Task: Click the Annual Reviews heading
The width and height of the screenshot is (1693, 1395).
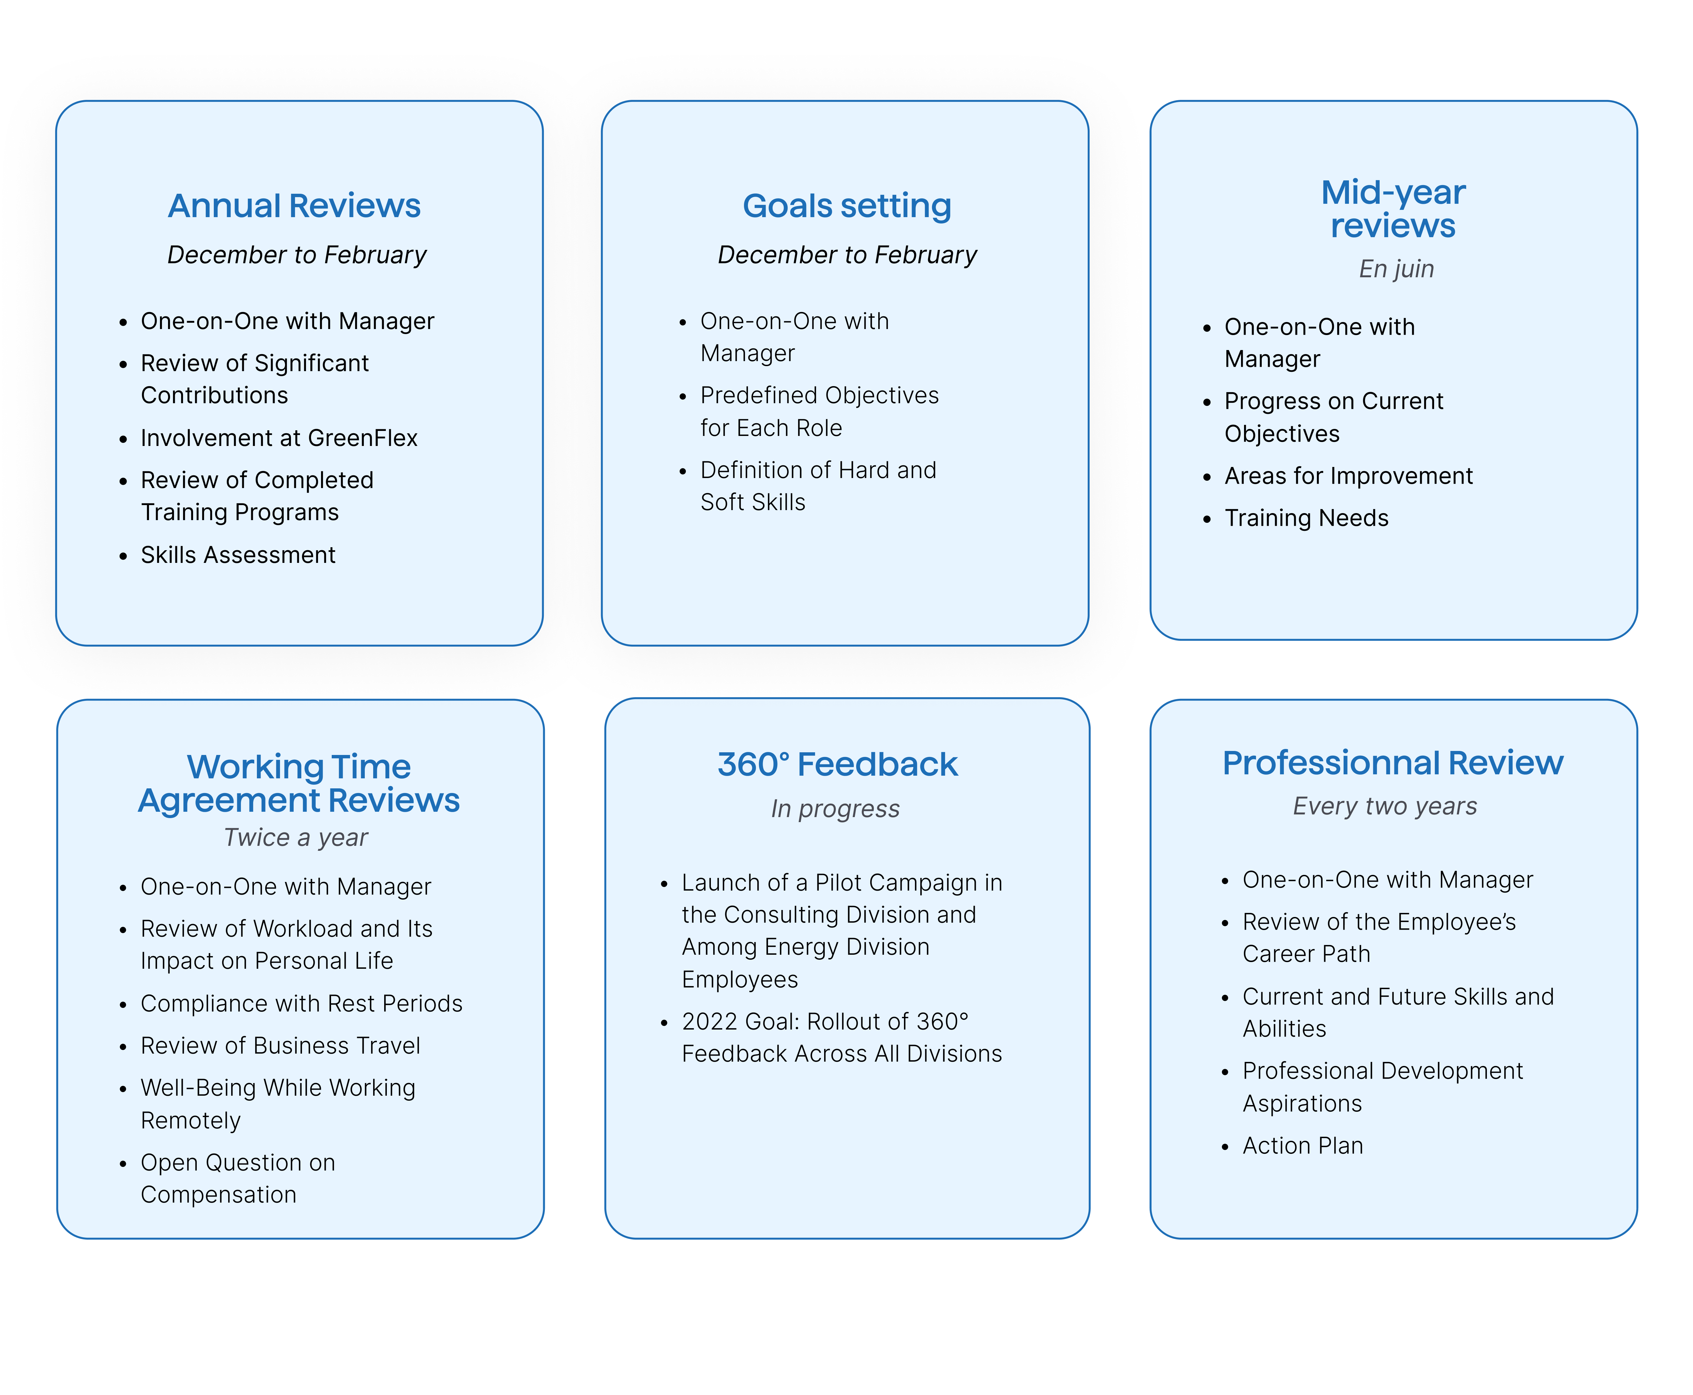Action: [x=294, y=206]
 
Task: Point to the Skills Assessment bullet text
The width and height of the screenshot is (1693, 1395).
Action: [x=238, y=555]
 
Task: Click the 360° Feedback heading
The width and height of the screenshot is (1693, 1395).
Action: [x=837, y=764]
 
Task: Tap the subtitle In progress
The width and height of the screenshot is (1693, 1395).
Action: [x=835, y=808]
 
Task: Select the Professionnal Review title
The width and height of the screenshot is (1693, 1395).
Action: [x=1392, y=763]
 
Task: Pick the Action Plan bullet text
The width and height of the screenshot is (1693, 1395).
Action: [x=1302, y=1146]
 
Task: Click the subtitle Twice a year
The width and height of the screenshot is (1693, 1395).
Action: [x=296, y=837]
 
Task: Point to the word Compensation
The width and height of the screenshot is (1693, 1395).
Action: [x=218, y=1195]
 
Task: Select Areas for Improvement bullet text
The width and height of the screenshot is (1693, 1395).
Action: [x=1348, y=476]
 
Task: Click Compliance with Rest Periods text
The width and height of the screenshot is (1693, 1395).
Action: [x=301, y=1004]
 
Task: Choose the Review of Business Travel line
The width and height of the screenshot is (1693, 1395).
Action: [x=280, y=1046]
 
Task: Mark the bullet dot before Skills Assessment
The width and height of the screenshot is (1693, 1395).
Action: [x=123, y=556]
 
